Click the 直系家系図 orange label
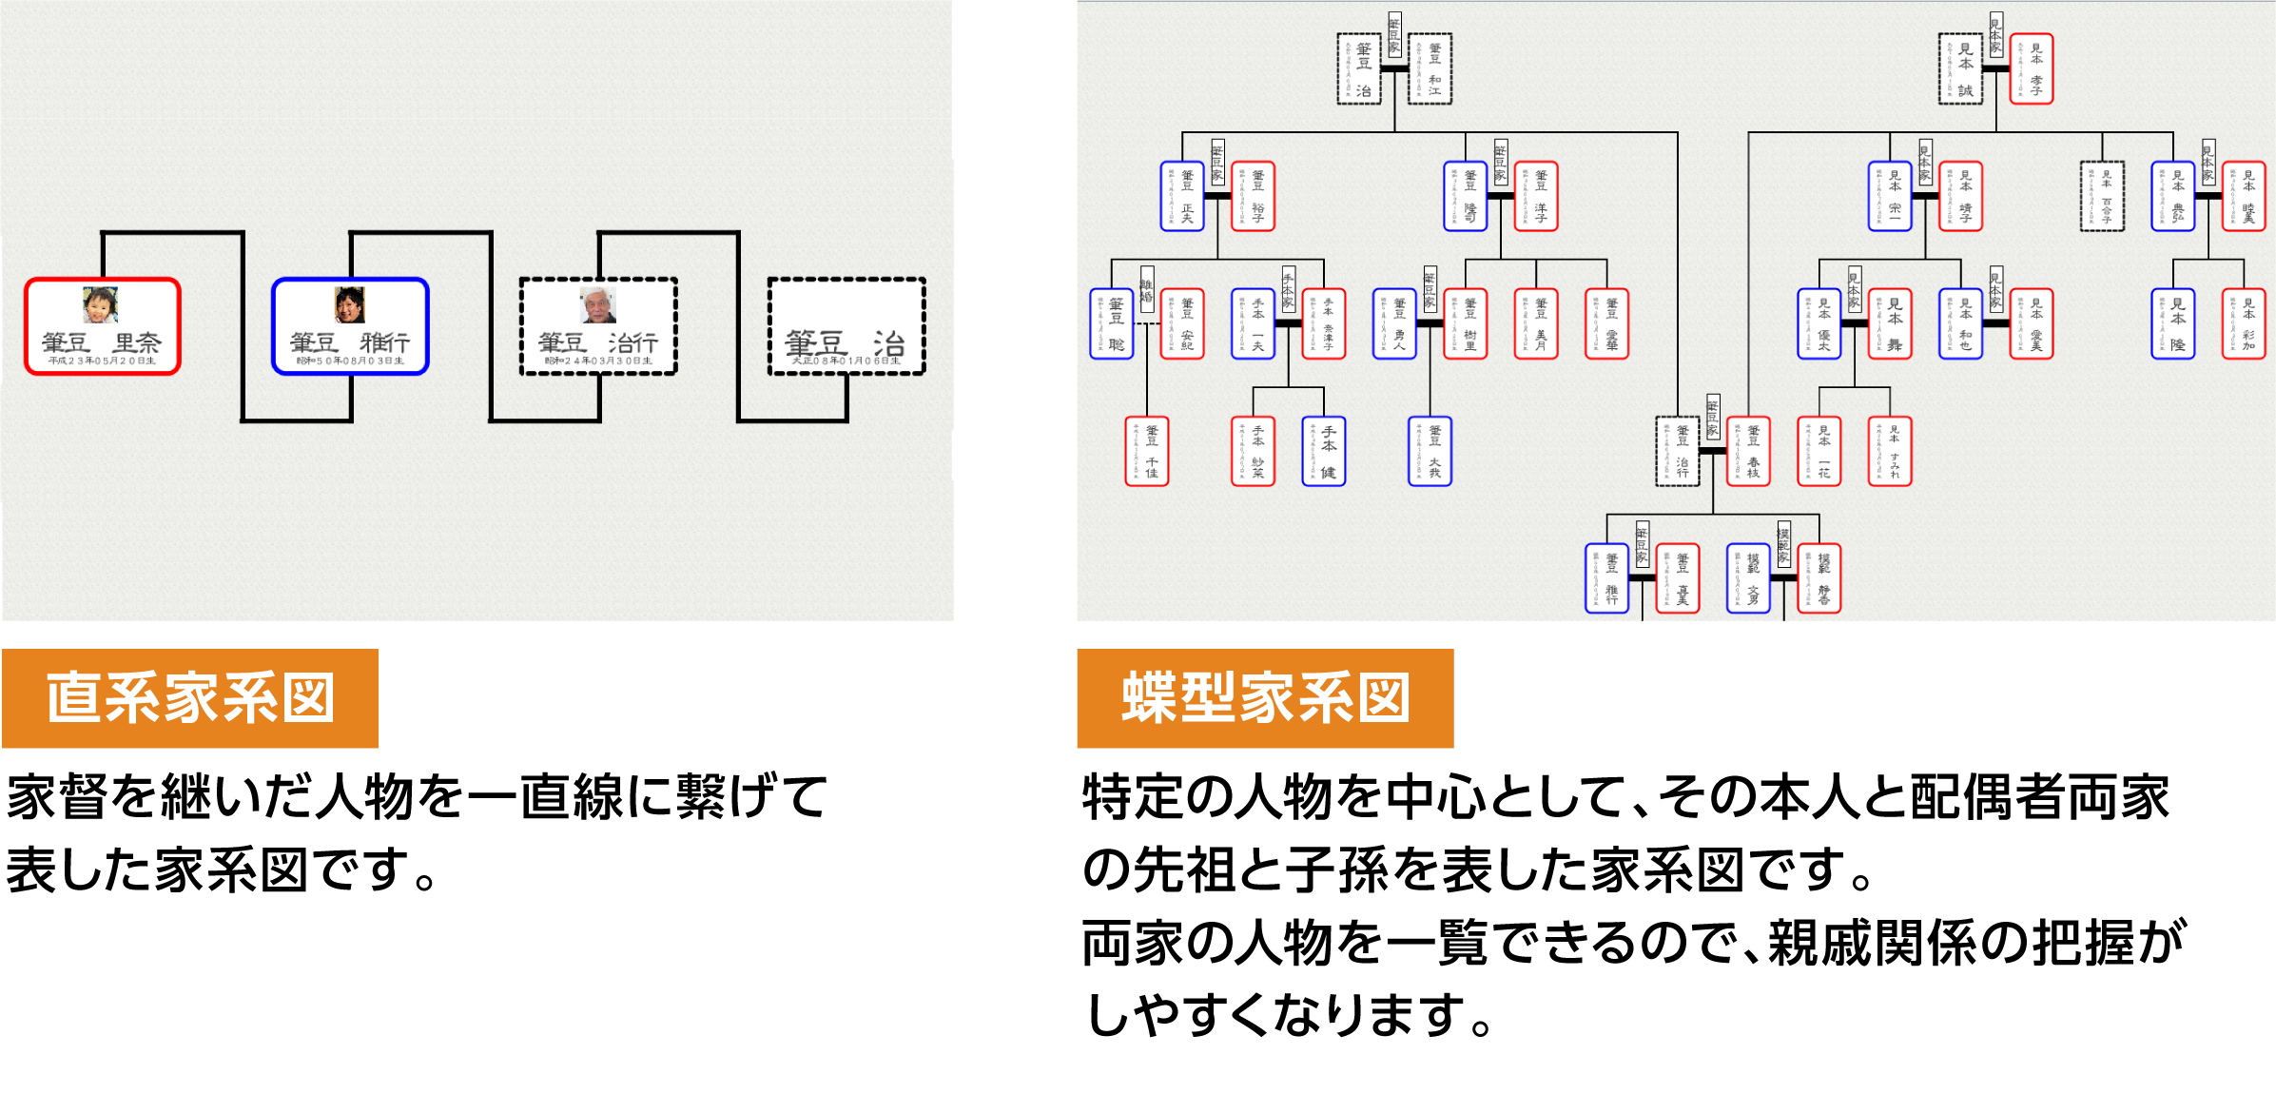click(x=190, y=698)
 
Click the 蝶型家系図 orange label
click(x=1264, y=698)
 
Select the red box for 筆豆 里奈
click(x=103, y=326)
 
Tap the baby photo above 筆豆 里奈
click(x=100, y=305)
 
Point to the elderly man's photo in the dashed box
click(x=598, y=305)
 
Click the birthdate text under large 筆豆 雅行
click(x=350, y=361)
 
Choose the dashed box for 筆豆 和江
click(x=1430, y=69)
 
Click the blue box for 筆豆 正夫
click(x=1182, y=196)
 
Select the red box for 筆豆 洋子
click(x=1536, y=196)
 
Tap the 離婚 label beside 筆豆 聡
click(x=1147, y=290)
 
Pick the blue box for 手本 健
click(x=1324, y=451)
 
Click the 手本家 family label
click(x=1289, y=288)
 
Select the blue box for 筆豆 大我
click(x=1430, y=451)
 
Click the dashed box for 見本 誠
click(x=1961, y=68)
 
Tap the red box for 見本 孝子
click(x=2032, y=68)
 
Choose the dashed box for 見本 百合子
click(x=2102, y=196)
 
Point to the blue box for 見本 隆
click(x=2173, y=323)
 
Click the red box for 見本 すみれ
click(x=1890, y=451)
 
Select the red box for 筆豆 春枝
click(x=1748, y=451)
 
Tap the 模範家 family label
click(x=1784, y=544)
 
